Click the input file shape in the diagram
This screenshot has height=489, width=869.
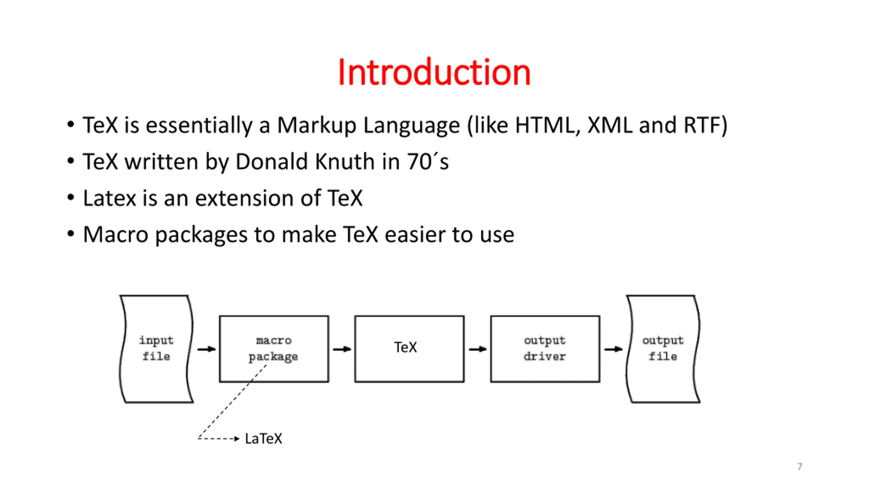[x=156, y=349]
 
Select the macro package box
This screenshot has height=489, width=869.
[x=274, y=349]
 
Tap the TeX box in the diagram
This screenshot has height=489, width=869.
[x=409, y=349]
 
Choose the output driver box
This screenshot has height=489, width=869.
[x=545, y=349]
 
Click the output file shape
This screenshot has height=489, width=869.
[x=663, y=349]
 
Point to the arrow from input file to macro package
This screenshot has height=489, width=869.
[x=206, y=349]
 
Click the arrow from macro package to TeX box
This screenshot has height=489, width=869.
[x=342, y=349]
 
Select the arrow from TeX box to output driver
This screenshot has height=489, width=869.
[x=478, y=349]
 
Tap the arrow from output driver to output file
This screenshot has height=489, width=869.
[x=613, y=349]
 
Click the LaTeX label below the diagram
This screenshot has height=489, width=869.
[x=263, y=439]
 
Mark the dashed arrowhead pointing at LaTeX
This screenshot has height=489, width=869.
[x=237, y=439]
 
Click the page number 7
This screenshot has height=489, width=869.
[x=800, y=466]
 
